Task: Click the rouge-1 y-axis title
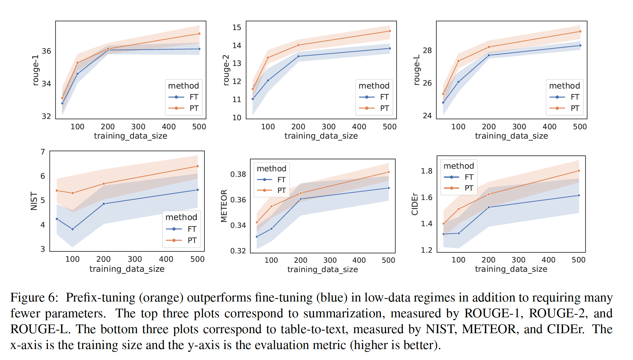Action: tap(36, 70)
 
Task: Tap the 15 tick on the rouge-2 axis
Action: tap(237, 28)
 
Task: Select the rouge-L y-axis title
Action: tap(417, 70)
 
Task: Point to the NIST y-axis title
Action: tap(34, 201)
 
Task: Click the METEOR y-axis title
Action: tap(224, 206)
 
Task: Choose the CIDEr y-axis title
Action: tap(415, 204)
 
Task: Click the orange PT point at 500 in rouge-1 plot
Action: tap(199, 34)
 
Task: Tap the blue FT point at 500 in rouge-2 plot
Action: tap(390, 48)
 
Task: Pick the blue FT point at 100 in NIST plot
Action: tap(72, 229)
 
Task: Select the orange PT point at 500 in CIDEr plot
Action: tap(579, 171)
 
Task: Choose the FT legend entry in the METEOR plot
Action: tap(281, 180)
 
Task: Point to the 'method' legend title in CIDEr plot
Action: tap(459, 166)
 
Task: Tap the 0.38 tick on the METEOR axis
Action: tap(238, 175)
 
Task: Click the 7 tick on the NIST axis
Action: tap(43, 152)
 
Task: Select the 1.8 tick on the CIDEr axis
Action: tap(426, 171)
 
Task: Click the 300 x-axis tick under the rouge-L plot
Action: tap(519, 127)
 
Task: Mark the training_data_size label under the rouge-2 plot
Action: tap(321, 136)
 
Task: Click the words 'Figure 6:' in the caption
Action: tap(34, 298)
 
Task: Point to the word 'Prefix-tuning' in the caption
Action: tap(100, 298)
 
